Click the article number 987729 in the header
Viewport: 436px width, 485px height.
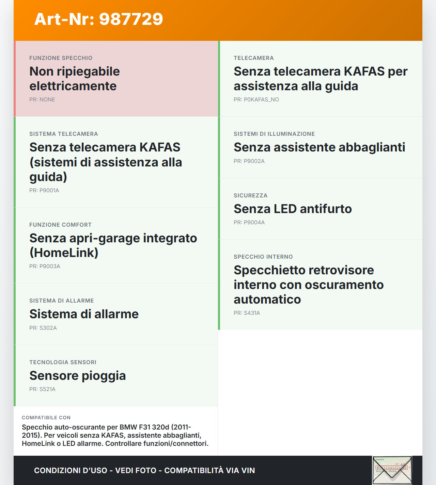coord(131,19)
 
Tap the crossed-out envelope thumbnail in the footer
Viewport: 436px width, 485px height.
coord(392,470)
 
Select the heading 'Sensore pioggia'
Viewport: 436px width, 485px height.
coord(78,376)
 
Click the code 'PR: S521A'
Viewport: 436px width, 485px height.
coord(42,389)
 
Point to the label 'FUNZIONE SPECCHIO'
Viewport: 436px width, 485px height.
coord(61,58)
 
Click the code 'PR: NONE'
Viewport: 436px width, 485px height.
coord(42,100)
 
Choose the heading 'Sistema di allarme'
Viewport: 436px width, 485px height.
coord(84,314)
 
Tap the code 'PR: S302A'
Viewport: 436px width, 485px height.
coord(43,328)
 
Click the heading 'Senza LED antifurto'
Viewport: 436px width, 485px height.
coord(293,209)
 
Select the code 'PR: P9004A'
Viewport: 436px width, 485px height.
coord(249,223)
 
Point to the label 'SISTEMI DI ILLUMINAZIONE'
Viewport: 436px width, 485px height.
coord(274,134)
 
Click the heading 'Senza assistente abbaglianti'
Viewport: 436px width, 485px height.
coord(319,147)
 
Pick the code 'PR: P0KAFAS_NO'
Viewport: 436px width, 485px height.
coord(256,100)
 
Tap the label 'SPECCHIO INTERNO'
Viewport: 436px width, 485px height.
coord(263,257)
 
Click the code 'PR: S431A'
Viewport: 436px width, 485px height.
coord(247,313)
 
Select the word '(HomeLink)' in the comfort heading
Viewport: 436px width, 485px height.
coord(64,253)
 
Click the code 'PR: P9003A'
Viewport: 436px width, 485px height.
coord(45,266)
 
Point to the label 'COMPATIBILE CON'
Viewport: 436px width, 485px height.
coord(46,418)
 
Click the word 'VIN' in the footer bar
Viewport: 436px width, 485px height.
coord(248,471)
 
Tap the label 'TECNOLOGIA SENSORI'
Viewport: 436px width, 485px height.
coord(63,362)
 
